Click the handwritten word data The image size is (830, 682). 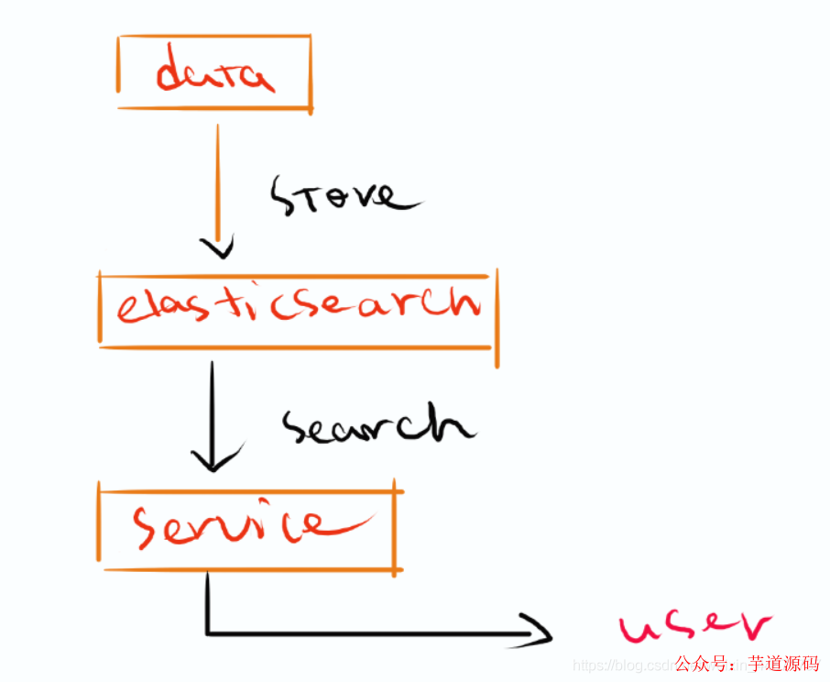click(x=214, y=74)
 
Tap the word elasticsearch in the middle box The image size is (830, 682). click(x=298, y=305)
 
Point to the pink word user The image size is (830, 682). click(x=693, y=626)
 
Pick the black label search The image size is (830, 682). click(x=377, y=425)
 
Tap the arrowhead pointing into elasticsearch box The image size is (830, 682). click(x=217, y=247)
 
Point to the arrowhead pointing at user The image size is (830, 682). click(x=541, y=632)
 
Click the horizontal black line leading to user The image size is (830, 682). click(x=366, y=632)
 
